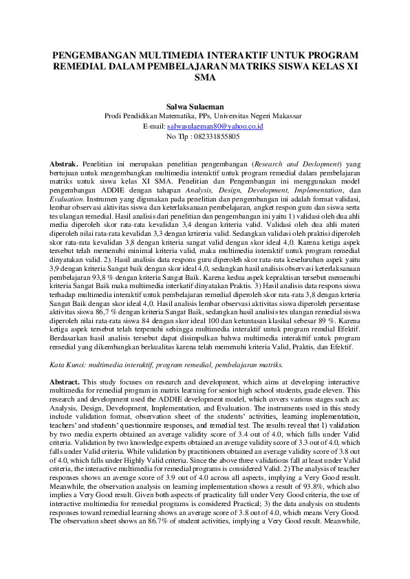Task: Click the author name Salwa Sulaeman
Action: point(204,107)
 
